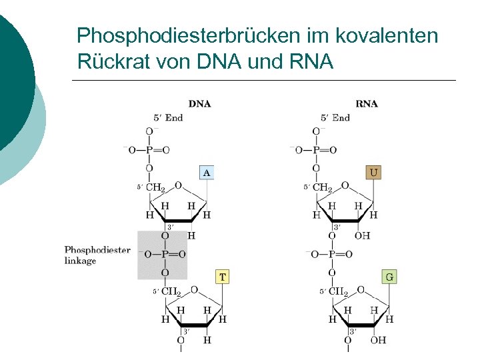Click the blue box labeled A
[207, 173]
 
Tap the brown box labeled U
[374, 173]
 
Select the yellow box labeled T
[223, 276]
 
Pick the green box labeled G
[390, 276]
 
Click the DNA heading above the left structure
[199, 103]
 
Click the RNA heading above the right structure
[367, 103]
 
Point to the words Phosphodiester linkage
[97, 255]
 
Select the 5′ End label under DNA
[168, 117]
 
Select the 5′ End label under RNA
[335, 117]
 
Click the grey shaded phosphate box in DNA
[162, 254]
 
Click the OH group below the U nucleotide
[363, 235]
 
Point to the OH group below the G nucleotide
[378, 340]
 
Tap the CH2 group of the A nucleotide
[155, 188]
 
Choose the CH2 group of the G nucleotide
[338, 291]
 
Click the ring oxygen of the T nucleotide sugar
[194, 289]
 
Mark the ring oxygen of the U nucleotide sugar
[345, 185]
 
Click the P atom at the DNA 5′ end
[149, 150]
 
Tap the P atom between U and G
[332, 254]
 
